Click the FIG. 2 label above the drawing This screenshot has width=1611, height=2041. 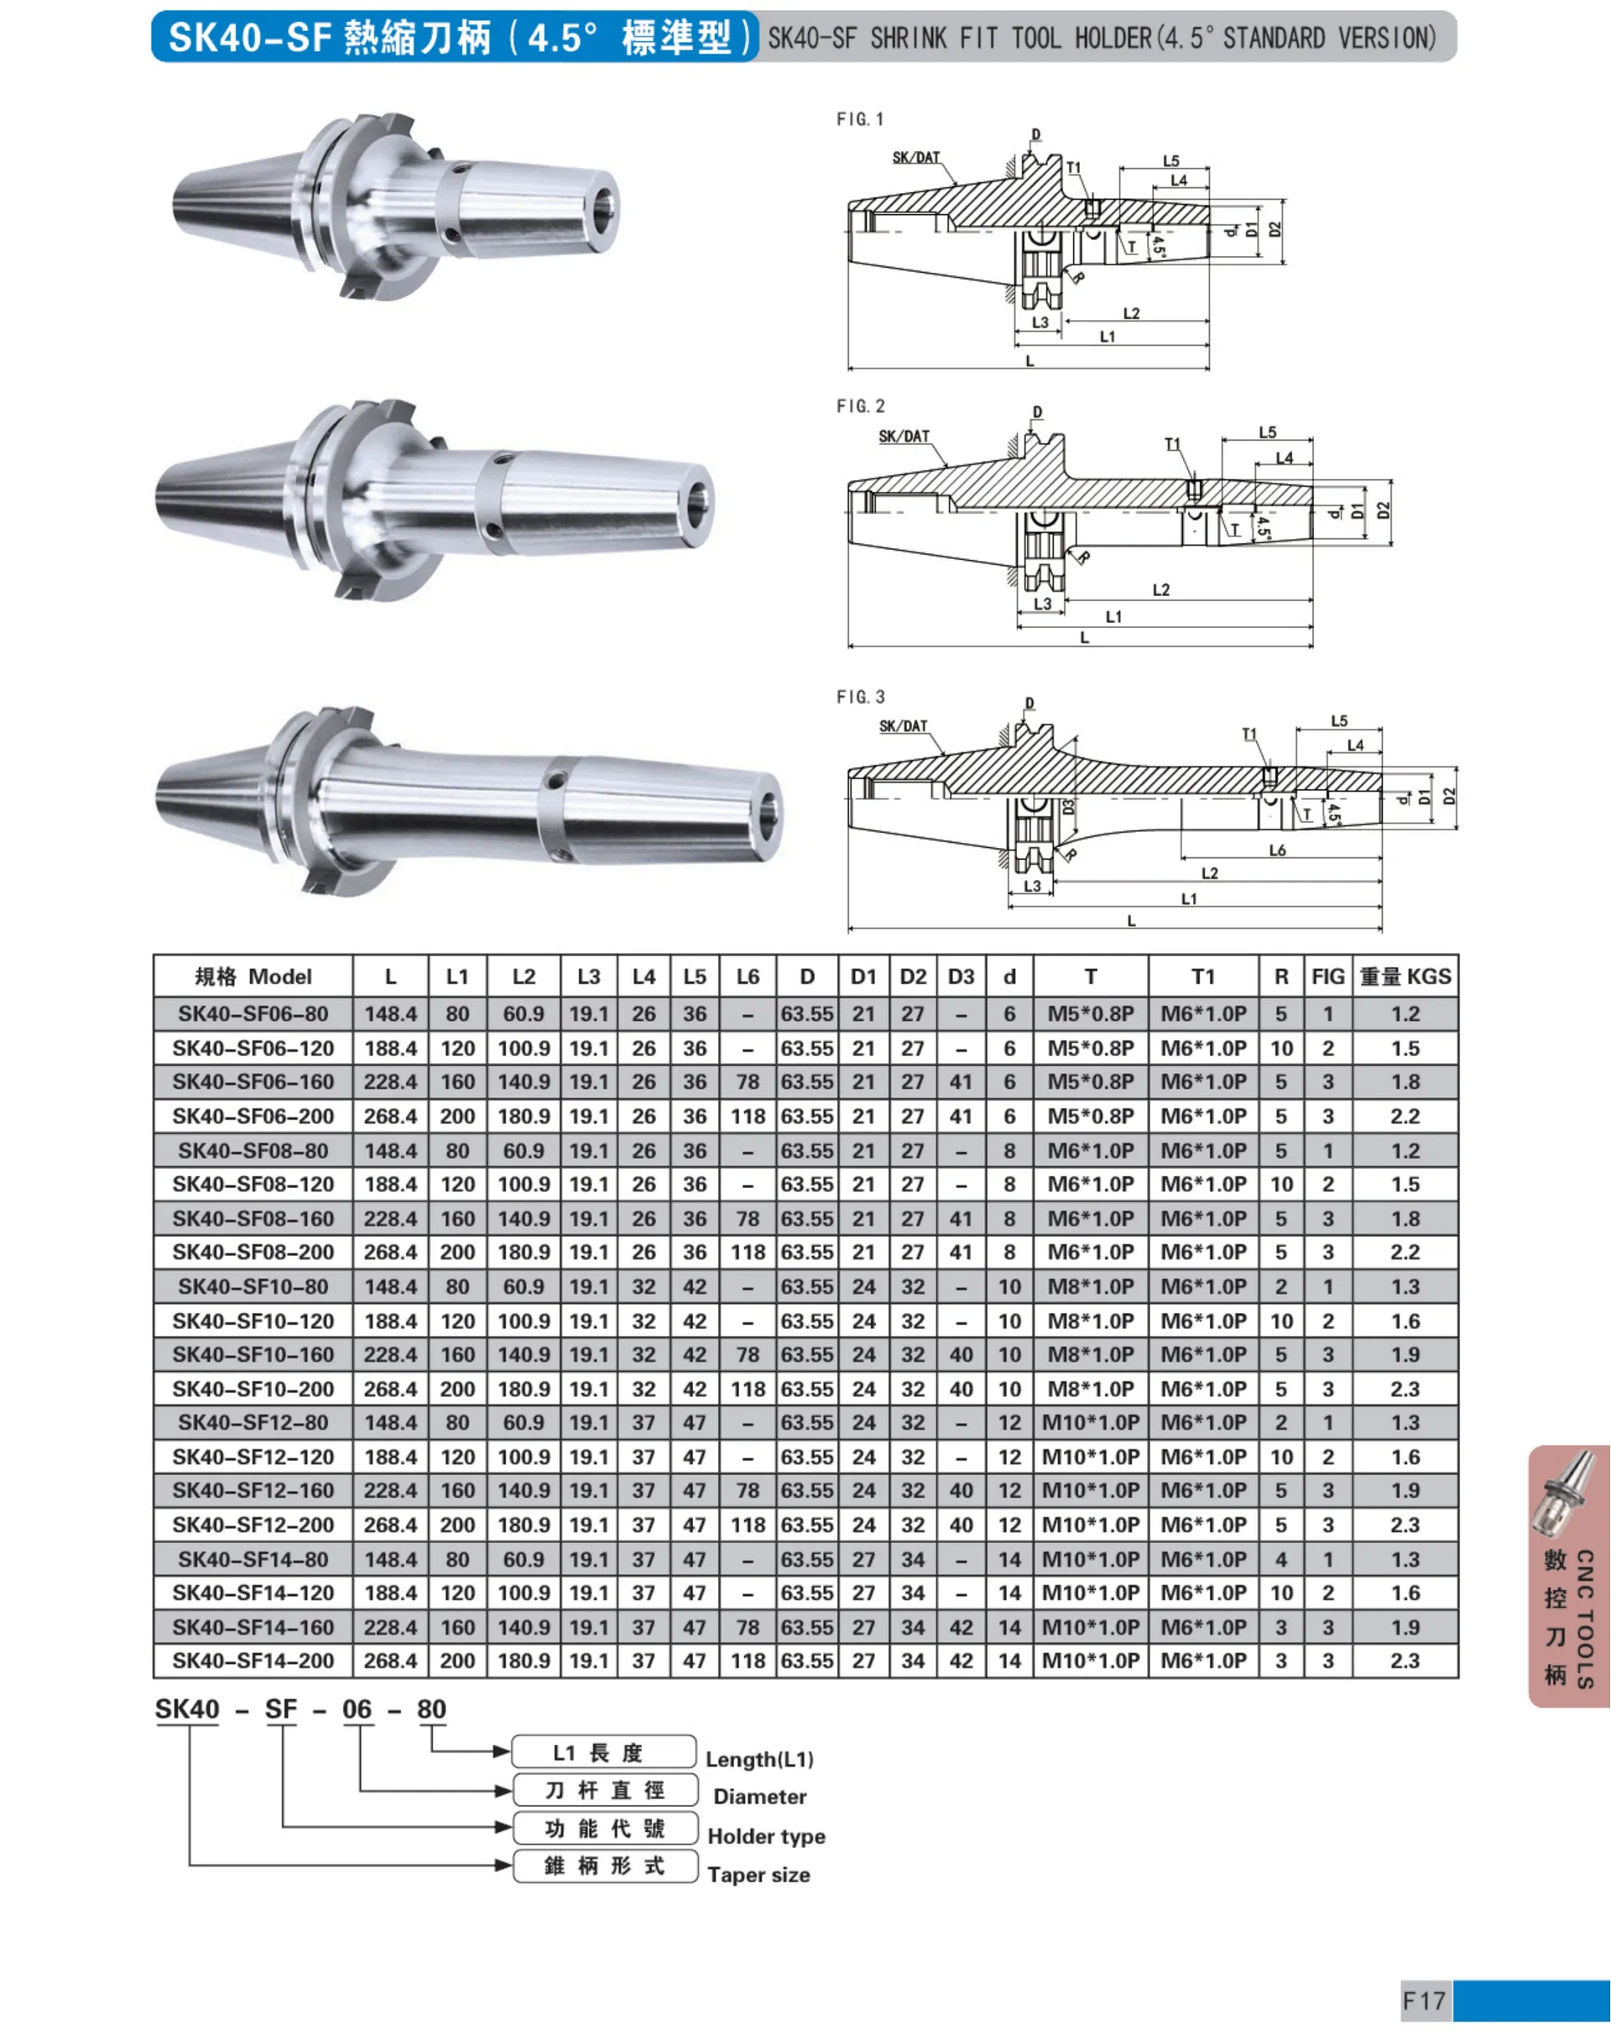coord(860,406)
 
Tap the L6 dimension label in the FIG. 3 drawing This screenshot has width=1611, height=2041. coord(1276,850)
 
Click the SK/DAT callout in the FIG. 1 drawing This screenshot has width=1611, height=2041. coord(916,158)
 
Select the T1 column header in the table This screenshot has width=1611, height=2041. coord(1202,976)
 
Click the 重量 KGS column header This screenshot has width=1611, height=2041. coord(1405,976)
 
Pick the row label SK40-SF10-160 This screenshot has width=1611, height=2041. coord(253,1355)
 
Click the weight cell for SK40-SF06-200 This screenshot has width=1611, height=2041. coord(1405,1117)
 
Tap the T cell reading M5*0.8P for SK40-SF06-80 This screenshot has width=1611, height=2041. coord(1090,1014)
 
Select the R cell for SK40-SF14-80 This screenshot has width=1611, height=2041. coord(1281,1560)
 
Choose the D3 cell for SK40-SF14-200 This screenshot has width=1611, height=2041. coord(960,1661)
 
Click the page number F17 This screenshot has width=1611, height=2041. coord(1424,2001)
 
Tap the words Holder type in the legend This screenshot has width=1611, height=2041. coord(766,1836)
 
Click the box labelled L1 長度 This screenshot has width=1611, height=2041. coord(603,1753)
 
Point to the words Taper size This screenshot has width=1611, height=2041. coord(759,1875)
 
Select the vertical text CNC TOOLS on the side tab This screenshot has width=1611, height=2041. coord(1585,1618)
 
